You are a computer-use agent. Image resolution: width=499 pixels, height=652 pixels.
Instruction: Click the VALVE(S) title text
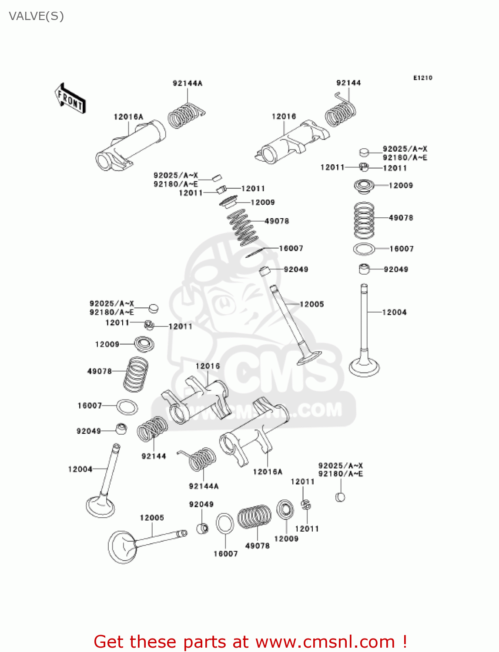tap(36, 16)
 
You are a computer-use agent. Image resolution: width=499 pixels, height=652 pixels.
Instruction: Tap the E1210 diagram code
tap(422, 78)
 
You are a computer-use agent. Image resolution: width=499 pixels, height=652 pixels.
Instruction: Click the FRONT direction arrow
tap(70, 98)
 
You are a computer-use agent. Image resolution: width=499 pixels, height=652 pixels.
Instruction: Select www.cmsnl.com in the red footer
tap(325, 642)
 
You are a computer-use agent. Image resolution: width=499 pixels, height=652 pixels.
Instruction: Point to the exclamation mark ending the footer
tap(405, 642)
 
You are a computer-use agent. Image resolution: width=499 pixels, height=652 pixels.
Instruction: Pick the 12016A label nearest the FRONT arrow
tap(128, 116)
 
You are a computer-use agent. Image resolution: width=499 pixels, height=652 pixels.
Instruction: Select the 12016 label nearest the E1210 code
tap(284, 116)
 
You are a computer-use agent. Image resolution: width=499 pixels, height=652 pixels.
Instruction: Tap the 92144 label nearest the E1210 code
tap(348, 83)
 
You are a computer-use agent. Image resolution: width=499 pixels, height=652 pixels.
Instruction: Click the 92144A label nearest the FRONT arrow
tap(188, 83)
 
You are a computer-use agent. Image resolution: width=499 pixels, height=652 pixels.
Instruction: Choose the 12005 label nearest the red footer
tap(152, 517)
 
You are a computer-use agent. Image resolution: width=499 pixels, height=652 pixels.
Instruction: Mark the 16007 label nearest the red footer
tap(225, 553)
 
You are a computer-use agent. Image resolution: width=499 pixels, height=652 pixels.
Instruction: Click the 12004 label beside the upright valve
tap(394, 312)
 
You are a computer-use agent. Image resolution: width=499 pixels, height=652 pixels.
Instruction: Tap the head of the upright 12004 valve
tap(365, 368)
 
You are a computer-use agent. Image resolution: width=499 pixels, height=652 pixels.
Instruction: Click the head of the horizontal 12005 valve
tap(122, 547)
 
